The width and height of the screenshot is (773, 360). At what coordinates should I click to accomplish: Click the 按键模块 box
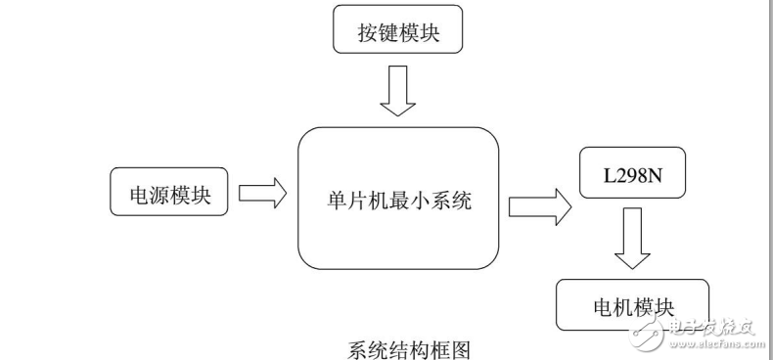[396, 31]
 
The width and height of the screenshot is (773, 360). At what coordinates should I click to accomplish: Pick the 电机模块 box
[630, 304]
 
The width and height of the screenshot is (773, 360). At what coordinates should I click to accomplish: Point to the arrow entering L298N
[539, 204]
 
